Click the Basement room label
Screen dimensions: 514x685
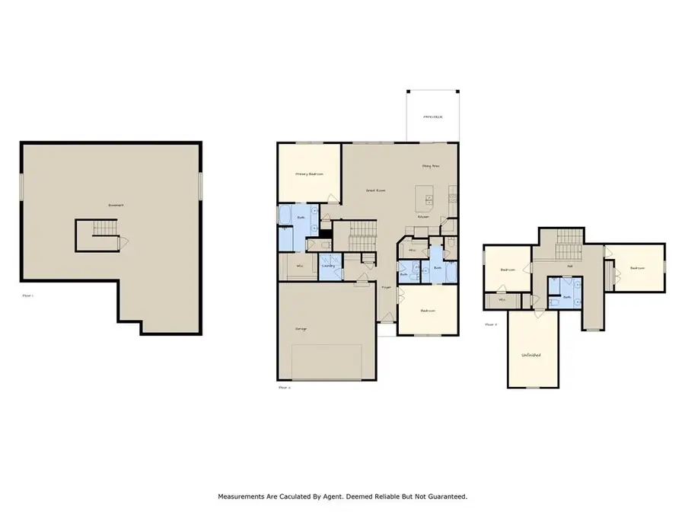point(116,205)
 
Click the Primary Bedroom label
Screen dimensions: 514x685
point(309,174)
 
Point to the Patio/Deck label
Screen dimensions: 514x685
point(432,117)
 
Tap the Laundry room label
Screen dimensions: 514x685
point(329,266)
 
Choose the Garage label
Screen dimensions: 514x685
point(301,329)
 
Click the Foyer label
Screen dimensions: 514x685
point(386,288)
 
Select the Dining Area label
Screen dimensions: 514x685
point(432,165)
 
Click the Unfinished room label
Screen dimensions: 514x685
point(531,356)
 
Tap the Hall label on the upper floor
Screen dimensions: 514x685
point(569,266)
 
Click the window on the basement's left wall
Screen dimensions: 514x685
point(21,189)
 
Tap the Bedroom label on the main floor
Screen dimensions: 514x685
point(429,311)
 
